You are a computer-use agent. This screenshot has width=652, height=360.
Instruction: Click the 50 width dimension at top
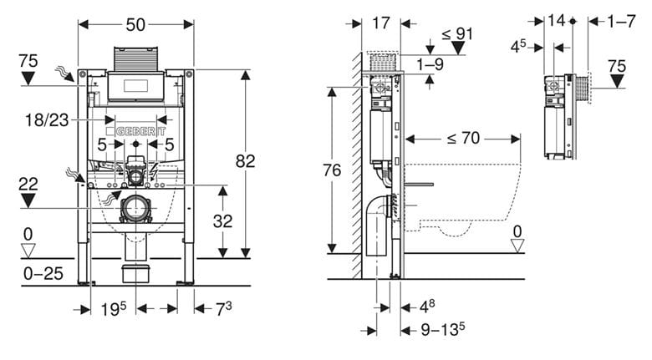(135, 24)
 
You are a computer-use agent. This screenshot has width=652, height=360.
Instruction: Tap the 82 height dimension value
(245, 161)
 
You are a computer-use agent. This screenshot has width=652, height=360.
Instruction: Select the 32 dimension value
(222, 221)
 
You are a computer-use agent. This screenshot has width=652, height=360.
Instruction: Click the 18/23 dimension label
(47, 120)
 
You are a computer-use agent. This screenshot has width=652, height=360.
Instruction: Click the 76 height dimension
(332, 170)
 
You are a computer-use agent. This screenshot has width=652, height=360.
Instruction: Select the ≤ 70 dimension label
(463, 138)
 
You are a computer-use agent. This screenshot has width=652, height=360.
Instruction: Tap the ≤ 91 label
(457, 33)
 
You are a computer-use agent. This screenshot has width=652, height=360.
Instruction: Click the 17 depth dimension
(381, 23)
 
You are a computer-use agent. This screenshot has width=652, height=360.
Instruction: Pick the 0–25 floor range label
(43, 273)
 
